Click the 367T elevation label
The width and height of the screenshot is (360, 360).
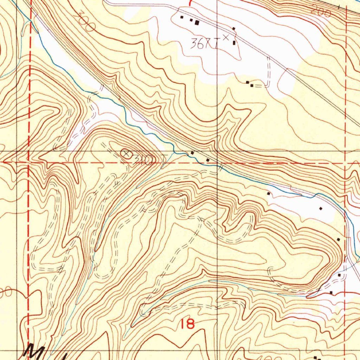click(203, 44)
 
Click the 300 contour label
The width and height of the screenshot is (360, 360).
click(84, 22)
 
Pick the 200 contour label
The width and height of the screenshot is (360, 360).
click(321, 13)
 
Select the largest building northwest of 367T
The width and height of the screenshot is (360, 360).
click(197, 23)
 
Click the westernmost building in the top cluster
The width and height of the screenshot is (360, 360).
click(182, 17)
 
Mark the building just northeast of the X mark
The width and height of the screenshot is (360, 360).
click(233, 28)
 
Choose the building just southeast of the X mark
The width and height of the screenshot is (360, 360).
click(234, 43)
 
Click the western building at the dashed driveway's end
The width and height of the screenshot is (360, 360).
click(247, 82)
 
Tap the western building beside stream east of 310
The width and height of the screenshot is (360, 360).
click(192, 153)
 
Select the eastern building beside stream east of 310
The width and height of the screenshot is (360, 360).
click(207, 160)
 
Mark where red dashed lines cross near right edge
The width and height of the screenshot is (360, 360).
click(346, 163)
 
